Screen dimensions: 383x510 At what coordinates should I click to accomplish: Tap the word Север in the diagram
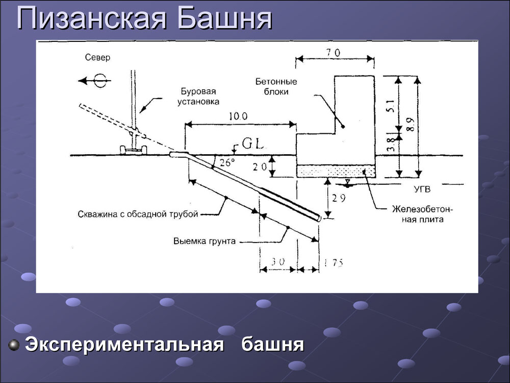pos(97,58)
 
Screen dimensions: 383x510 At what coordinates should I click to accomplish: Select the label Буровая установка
pos(198,97)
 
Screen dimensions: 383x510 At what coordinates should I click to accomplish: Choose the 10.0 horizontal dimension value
pos(238,116)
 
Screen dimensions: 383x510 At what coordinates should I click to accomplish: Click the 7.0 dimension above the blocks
pos(334,53)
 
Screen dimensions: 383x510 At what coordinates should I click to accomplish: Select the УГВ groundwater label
pos(423,189)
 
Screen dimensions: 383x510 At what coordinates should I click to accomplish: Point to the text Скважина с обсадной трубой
pos(138,214)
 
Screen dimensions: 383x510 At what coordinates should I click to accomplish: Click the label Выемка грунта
pos(205,242)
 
